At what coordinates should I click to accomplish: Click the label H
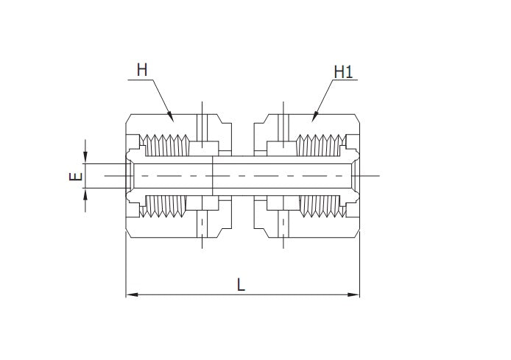pyautogui.click(x=142, y=70)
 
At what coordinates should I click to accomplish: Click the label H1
pyautogui.click(x=343, y=71)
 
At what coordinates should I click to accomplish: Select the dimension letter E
pyautogui.click(x=74, y=177)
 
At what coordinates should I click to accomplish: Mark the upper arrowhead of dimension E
pyautogui.click(x=86, y=158)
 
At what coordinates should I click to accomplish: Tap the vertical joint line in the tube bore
pyautogui.click(x=213, y=176)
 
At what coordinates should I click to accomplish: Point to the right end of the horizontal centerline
pyautogui.click(x=378, y=176)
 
